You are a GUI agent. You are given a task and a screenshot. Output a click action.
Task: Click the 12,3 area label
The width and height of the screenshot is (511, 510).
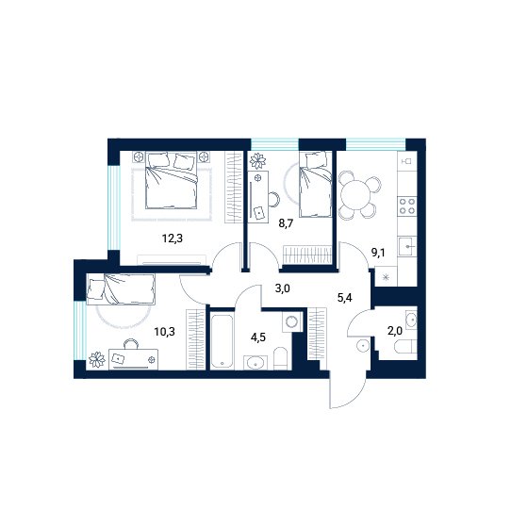(x=173, y=239)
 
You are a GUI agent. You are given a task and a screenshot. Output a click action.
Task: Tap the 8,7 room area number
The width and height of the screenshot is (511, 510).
(x=286, y=223)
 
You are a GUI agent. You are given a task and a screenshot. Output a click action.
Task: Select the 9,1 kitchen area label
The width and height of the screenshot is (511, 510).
(x=378, y=252)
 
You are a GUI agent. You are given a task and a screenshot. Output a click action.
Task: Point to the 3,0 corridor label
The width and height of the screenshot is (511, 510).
(x=282, y=288)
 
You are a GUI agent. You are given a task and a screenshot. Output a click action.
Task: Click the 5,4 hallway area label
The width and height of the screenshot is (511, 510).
(x=344, y=298)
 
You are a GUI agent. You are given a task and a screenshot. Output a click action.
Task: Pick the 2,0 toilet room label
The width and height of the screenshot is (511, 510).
(x=395, y=331)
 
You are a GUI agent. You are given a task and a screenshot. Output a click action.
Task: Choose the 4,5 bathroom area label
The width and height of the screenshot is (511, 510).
(x=257, y=337)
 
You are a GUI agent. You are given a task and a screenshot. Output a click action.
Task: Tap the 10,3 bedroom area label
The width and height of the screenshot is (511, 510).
(x=165, y=332)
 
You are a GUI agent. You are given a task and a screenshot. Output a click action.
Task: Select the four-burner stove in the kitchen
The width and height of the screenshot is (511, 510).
(x=407, y=206)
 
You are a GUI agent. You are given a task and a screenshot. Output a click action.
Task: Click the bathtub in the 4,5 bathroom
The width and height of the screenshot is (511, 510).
(x=222, y=340)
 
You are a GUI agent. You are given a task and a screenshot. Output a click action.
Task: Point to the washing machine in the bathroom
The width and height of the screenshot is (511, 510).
(x=291, y=321)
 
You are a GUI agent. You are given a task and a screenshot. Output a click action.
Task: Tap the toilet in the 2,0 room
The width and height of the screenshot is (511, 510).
(x=405, y=347)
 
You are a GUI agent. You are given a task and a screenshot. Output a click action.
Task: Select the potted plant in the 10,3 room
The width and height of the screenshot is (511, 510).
(x=97, y=360)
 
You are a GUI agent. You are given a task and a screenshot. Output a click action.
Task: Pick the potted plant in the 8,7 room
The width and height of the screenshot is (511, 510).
(x=257, y=160)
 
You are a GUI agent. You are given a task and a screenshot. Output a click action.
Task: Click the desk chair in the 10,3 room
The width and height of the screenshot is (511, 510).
(x=131, y=344)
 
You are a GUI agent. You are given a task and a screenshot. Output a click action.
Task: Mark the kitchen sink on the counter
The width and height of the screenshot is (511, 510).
(x=407, y=246)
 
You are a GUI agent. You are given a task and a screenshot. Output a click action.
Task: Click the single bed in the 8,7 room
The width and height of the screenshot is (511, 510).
(x=316, y=184)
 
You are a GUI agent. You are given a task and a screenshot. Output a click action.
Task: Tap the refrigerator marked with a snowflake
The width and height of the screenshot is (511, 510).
(x=387, y=276)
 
